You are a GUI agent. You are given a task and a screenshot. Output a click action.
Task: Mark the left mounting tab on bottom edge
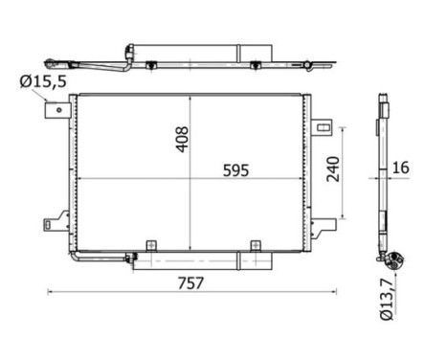148,246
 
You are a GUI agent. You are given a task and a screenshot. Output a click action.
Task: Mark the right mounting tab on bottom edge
256,246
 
